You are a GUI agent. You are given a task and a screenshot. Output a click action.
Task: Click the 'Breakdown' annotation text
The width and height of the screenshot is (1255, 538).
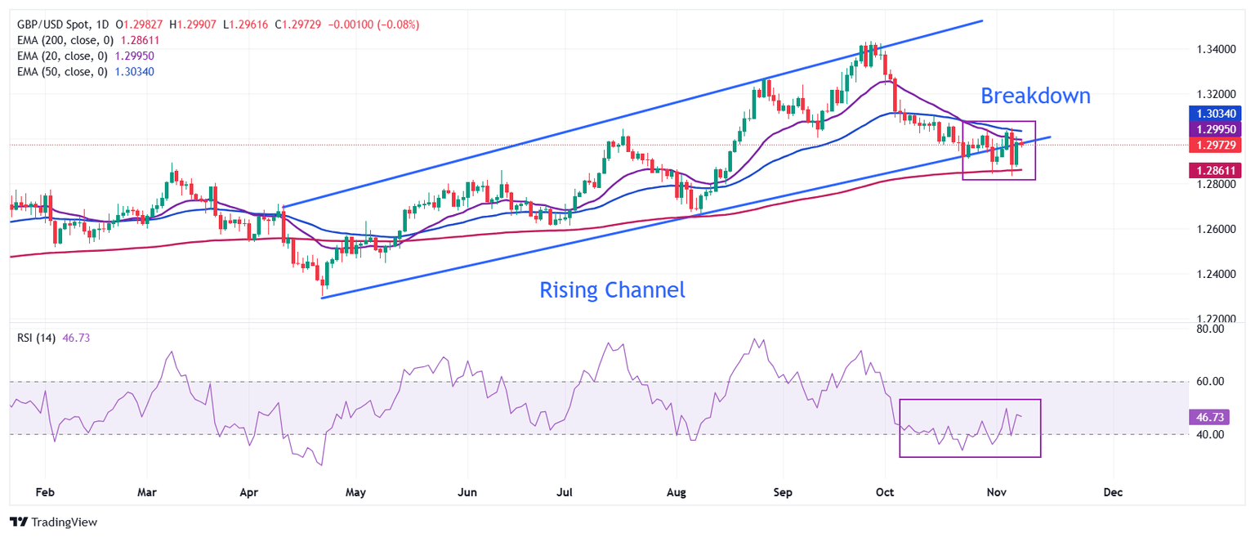click(x=1035, y=96)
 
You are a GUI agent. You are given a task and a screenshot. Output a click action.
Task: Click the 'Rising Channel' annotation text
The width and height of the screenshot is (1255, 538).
click(x=612, y=289)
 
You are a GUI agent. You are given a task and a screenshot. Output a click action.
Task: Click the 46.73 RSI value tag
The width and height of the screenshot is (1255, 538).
click(x=1208, y=417)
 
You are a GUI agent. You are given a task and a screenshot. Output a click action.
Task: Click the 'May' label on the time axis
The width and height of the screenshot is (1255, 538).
click(x=355, y=493)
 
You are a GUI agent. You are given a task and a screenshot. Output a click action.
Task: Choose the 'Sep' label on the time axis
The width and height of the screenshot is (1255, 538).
click(x=783, y=493)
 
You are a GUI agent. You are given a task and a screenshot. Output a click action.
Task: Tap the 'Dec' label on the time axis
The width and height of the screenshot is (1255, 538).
click(x=1113, y=493)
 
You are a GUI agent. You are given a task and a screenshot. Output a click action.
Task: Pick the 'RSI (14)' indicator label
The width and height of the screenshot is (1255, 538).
click(x=37, y=338)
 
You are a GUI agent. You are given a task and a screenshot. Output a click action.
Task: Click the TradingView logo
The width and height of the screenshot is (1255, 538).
click(x=53, y=522)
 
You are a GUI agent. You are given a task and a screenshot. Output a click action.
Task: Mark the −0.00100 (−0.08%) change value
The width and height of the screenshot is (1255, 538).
click(x=373, y=25)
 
